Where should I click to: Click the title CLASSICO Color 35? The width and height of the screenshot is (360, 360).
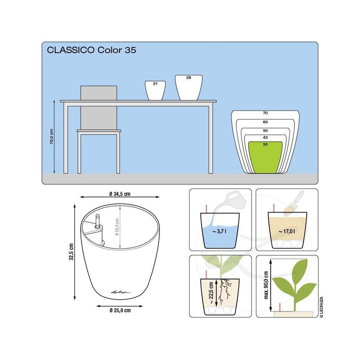coord(92,50)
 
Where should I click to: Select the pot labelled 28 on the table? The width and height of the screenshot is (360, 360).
coord(189,88)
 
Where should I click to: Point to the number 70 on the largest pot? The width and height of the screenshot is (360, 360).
coord(265,113)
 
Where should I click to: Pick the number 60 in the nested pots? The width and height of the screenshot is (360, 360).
coord(265,122)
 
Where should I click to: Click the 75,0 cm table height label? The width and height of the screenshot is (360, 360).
coord(51,137)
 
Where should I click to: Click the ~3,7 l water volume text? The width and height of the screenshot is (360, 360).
coord(220,232)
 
